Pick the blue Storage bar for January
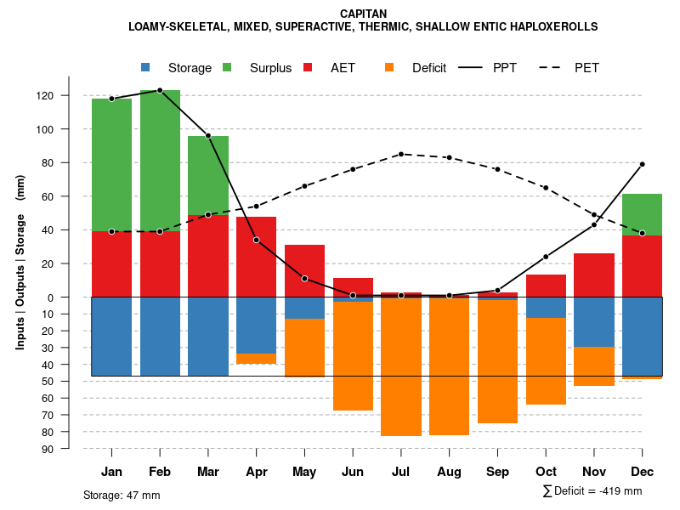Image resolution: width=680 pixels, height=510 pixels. pos(111,336)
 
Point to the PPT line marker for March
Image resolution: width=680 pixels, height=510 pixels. pos(208,136)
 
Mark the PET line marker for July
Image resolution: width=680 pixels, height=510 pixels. pos(401,154)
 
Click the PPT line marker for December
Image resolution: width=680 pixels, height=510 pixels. pos(642,164)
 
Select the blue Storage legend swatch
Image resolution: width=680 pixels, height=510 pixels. pos(145,67)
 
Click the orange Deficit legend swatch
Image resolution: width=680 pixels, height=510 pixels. pos(389,67)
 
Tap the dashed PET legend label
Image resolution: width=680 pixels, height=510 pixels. pos(586,68)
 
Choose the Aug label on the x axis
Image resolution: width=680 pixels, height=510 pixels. pos(449,472)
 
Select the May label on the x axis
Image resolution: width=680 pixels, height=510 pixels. pos(304,472)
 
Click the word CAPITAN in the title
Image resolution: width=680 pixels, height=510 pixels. pos(363,14)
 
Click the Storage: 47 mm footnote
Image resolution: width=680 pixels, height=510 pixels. pos(122,495)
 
